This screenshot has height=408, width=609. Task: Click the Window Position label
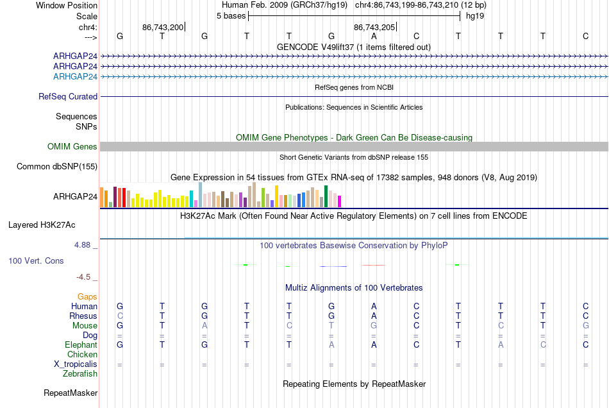(x=67, y=5)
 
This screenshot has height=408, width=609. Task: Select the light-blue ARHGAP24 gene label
(x=75, y=76)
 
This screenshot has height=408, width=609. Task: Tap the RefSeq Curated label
(x=67, y=96)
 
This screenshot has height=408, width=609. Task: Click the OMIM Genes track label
(x=72, y=146)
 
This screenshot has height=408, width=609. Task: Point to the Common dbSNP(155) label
(x=56, y=166)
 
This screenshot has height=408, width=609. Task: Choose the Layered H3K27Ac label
(x=42, y=225)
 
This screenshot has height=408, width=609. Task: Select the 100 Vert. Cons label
(x=36, y=260)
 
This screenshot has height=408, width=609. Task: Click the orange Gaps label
(x=87, y=297)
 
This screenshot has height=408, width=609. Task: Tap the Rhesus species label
(x=83, y=316)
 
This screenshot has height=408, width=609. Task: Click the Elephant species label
(x=81, y=344)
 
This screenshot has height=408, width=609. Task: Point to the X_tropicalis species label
(x=76, y=364)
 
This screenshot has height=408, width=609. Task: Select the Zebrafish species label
(x=80, y=373)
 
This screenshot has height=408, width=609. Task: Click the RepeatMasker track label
(x=71, y=393)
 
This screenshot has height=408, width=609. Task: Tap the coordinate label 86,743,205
(x=374, y=27)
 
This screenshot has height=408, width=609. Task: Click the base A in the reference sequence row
(x=374, y=36)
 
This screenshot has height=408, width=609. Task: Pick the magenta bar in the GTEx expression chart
(x=340, y=201)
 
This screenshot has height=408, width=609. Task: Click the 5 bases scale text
(x=231, y=16)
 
